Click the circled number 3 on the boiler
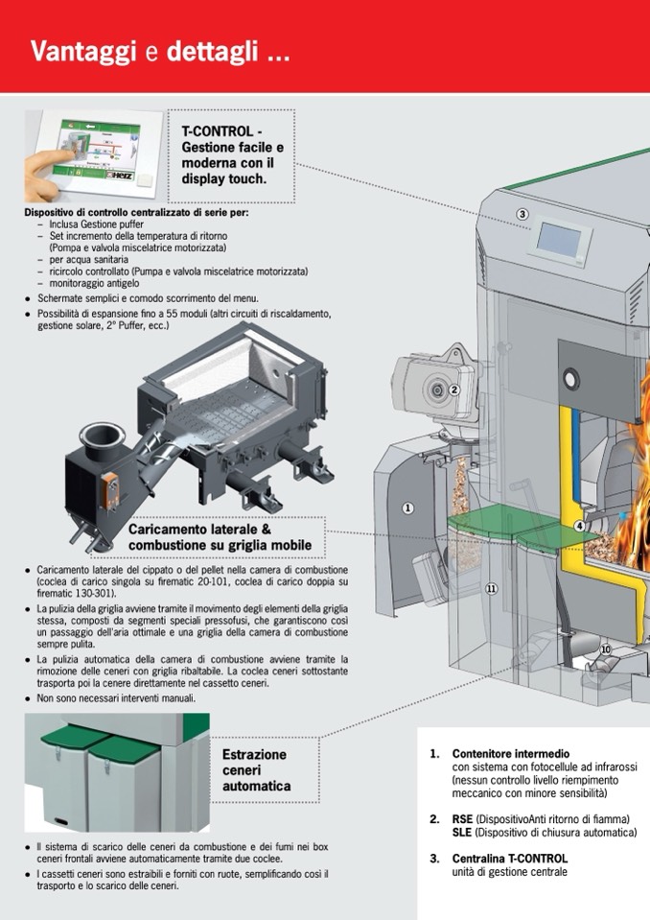coord(522,214)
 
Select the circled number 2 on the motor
coord(454,389)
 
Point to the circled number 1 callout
coord(407,507)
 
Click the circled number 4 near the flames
coord(579,526)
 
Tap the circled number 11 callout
coord(491,588)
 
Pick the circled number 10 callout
coord(605,649)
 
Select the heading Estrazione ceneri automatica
coord(255,770)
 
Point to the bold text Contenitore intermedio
coord(511,754)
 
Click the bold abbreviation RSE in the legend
coord(463,819)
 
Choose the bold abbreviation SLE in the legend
coord(462,833)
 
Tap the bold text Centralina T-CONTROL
coord(510,859)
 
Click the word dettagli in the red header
coord(226,51)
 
